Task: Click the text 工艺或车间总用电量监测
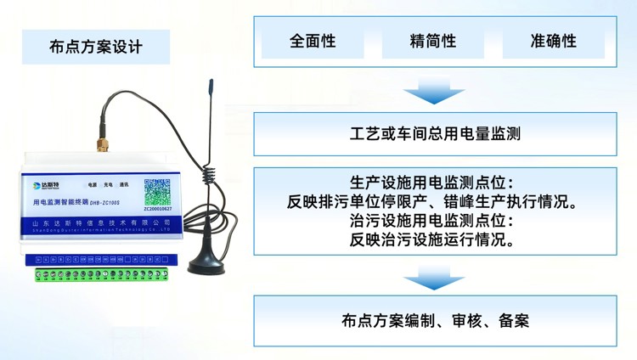434,133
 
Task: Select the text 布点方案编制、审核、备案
434,320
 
